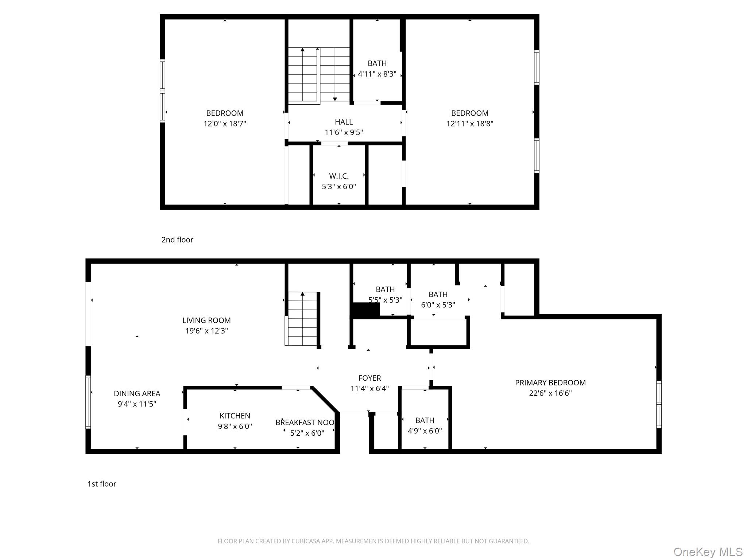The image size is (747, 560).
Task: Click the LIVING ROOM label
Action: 206,320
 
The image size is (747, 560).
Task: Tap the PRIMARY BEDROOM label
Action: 550,383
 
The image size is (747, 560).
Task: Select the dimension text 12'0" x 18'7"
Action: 225,124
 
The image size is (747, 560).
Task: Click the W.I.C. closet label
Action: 339,176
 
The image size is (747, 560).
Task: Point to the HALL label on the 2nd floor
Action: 344,122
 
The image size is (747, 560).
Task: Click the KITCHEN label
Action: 235,416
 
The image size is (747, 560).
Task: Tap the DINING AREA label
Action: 137,393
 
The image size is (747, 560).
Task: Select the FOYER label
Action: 369,378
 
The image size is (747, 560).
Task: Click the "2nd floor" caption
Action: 177,240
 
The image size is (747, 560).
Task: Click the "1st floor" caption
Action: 102,484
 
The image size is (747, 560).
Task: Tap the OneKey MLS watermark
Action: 708,552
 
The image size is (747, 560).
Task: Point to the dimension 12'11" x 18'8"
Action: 470,124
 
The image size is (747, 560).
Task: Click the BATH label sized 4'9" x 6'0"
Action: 425,420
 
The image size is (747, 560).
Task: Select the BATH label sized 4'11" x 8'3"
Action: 377,63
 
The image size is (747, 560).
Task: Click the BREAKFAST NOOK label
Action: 305,423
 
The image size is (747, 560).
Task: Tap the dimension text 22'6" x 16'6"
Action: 550,393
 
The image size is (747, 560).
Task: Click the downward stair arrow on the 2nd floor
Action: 335,74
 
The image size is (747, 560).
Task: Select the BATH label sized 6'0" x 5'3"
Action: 438,295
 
